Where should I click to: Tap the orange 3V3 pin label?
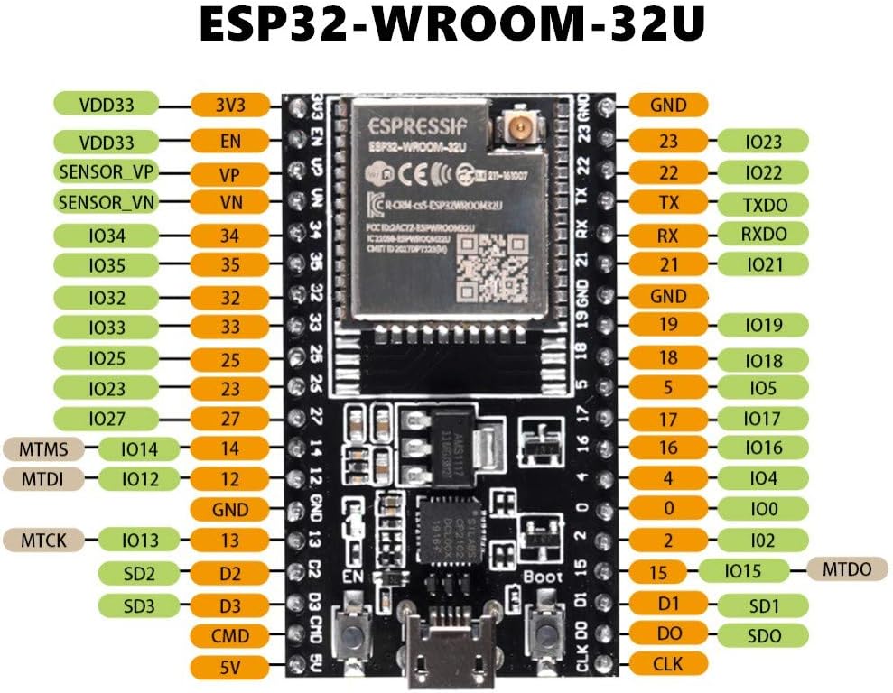[230, 105]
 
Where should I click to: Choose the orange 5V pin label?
[230, 668]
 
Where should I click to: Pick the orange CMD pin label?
[230, 636]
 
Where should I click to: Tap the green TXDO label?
[763, 204]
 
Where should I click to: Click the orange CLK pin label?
[668, 665]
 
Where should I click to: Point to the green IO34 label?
[107, 236]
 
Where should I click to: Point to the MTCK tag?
[44, 541]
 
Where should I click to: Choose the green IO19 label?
[763, 325]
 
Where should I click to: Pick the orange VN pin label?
[230, 202]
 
